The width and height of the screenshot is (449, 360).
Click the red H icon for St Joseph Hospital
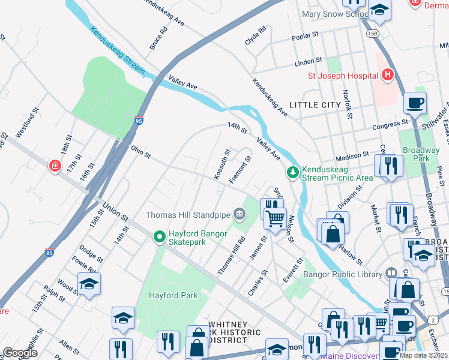coord(388,76)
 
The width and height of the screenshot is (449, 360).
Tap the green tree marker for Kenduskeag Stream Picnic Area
coord(293,173)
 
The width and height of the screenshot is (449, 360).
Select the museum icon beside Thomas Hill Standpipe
coord(240,214)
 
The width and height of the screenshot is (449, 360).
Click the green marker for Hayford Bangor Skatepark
coord(159,238)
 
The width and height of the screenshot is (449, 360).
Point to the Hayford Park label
coord(174,295)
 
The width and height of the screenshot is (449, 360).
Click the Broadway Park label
coord(421,154)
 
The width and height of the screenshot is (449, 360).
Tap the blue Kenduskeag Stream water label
coord(118,51)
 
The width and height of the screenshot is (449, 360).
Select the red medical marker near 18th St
coord(55,165)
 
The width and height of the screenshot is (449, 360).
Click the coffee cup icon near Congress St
coord(415,103)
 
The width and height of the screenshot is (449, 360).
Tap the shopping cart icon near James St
coord(275,220)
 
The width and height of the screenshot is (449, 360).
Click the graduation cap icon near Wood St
coord(89,284)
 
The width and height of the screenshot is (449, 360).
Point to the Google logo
coord(20,353)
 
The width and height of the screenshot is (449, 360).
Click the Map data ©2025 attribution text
coord(423,355)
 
